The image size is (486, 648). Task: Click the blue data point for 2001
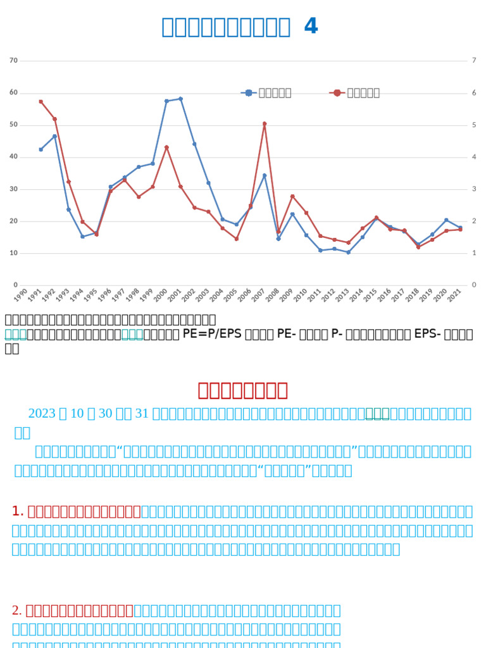pos(180,99)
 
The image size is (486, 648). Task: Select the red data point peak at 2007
pos(265,124)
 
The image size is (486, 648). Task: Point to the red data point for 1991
pos(40,101)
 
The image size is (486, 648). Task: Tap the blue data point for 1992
pos(54,136)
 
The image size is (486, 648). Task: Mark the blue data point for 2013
pos(348,252)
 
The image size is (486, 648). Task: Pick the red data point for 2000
pos(166,147)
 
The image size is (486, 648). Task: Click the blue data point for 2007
pos(265,175)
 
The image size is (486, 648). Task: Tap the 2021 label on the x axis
pos(455,296)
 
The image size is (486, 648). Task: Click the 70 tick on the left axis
pos(13,60)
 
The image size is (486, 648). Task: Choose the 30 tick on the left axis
pos(13,189)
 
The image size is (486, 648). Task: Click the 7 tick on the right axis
pos(473,60)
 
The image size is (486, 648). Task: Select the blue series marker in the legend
pos(249,93)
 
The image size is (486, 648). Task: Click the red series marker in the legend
pos(337,93)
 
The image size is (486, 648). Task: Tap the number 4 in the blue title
pos(311,27)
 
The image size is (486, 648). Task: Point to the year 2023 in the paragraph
pos(42,413)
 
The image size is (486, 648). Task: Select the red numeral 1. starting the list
pos(18,511)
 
